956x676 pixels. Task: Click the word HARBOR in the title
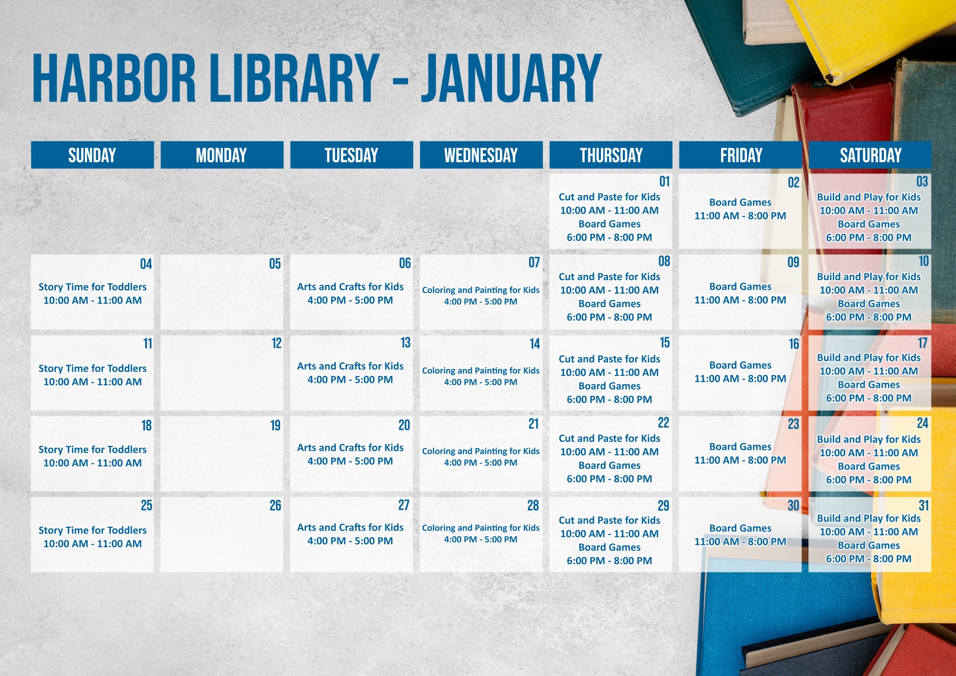114,78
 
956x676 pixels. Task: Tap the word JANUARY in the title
511,78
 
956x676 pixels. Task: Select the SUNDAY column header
92,155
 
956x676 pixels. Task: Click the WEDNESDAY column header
481,155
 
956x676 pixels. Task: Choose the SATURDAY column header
870,155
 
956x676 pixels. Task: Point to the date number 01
664,182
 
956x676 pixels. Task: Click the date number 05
275,264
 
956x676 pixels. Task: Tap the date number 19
275,425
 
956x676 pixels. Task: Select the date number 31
923,505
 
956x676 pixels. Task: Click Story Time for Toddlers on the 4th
92,287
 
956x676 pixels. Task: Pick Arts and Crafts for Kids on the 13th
350,366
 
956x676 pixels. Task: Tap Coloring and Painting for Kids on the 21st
481,451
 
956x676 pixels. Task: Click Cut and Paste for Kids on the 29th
609,520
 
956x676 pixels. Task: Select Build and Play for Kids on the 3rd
869,197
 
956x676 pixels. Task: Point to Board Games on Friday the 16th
740,365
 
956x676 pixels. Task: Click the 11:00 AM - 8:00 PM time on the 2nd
740,216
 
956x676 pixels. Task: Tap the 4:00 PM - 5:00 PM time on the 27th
350,541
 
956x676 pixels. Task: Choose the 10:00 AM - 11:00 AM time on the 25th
92,544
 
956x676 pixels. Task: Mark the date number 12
276,343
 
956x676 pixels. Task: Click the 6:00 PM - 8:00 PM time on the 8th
609,317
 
